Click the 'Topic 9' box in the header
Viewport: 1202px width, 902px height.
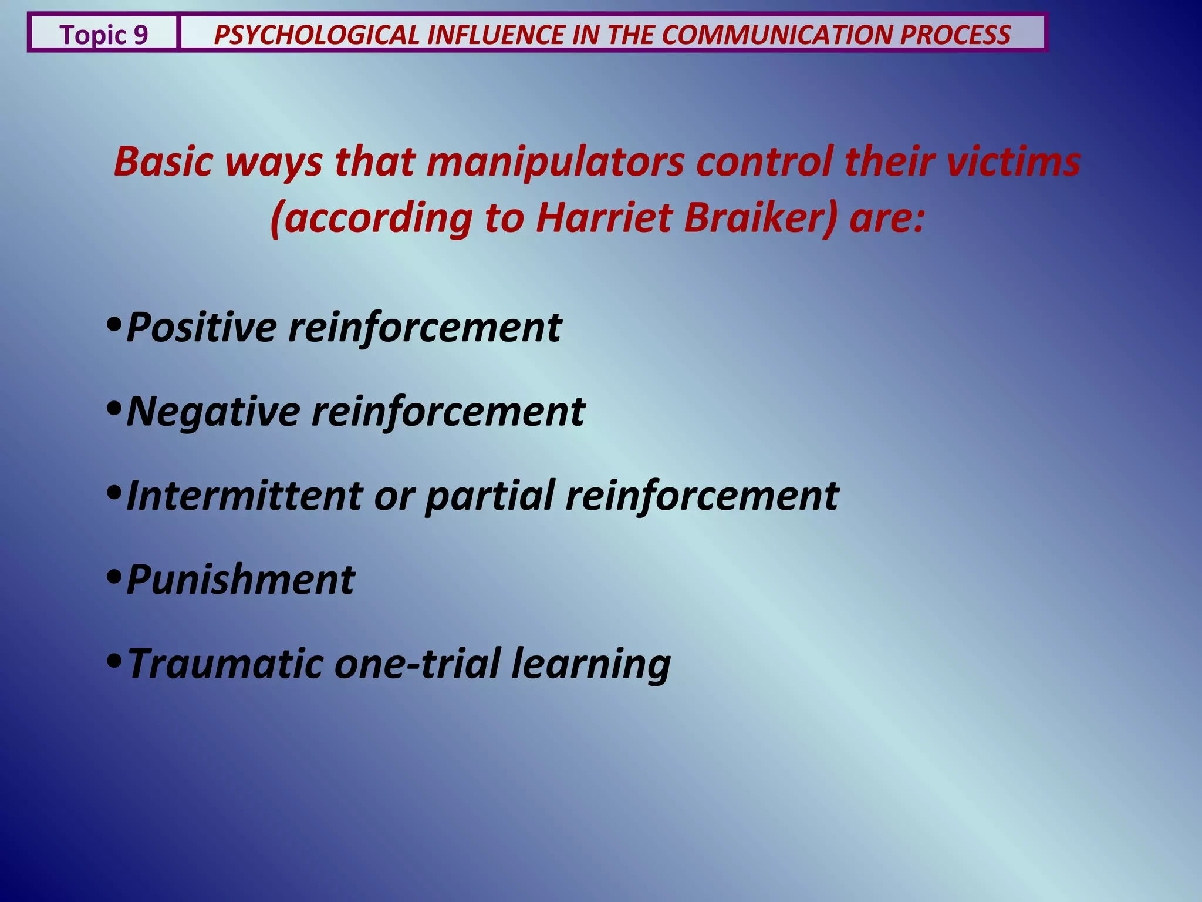[x=103, y=35]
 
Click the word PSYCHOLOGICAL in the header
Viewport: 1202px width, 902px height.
[x=316, y=35]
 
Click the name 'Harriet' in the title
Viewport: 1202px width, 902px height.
[x=603, y=218]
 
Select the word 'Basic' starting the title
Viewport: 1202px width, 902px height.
[x=162, y=162]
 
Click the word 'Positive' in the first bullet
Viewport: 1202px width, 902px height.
[x=201, y=328]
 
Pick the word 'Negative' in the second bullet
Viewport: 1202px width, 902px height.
[x=212, y=412]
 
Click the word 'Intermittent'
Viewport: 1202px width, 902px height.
[x=244, y=496]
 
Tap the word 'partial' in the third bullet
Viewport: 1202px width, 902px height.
[x=489, y=496]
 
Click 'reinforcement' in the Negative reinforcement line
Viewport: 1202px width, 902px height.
[x=448, y=412]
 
